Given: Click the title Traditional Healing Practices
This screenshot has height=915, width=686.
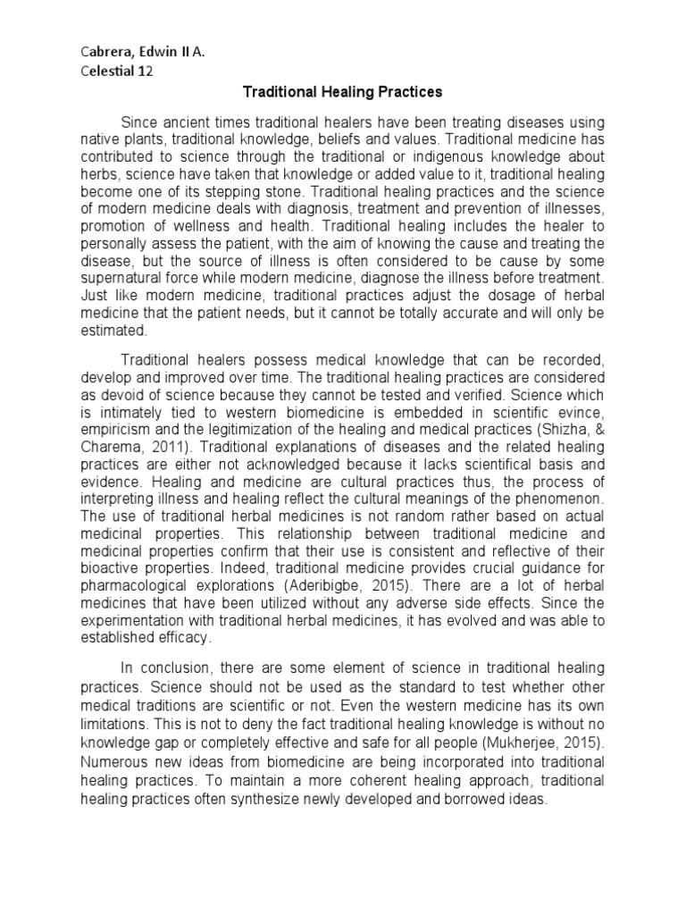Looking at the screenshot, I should coord(344,93).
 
